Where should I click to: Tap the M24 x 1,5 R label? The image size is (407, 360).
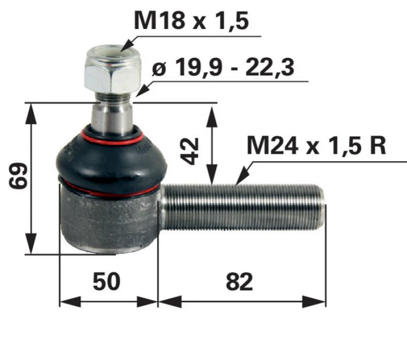[x=316, y=145]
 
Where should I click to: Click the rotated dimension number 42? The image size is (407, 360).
[x=190, y=149]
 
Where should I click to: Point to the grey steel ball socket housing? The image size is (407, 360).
[x=109, y=219]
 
